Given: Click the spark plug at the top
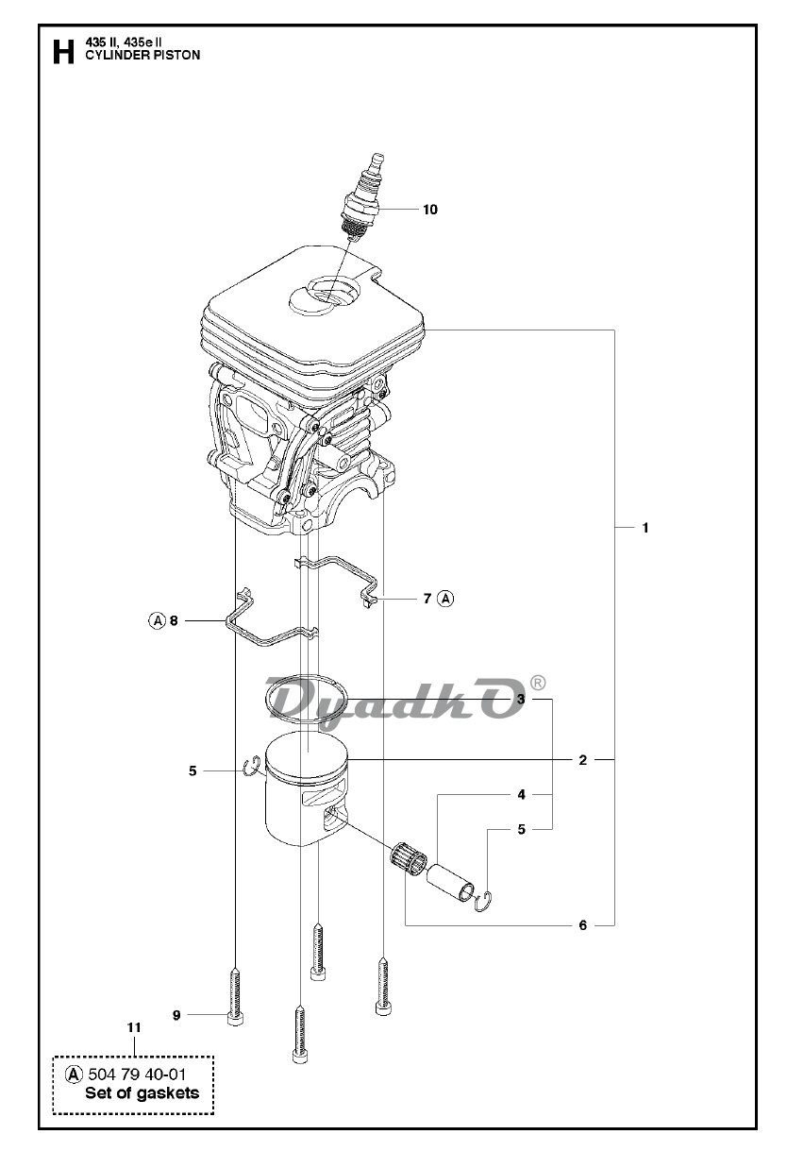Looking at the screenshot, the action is [x=366, y=197].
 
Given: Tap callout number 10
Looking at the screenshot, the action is [x=430, y=210].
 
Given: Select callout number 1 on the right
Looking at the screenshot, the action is [x=645, y=528].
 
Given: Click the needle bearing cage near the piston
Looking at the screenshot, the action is [x=409, y=858].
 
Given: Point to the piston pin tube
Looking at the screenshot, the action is [x=450, y=883].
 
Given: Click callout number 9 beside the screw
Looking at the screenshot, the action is [x=176, y=1015].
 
